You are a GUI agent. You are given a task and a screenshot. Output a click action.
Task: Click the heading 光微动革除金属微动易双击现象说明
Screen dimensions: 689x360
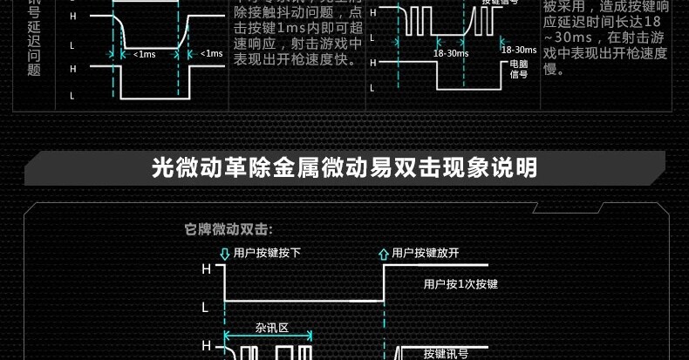[344, 167]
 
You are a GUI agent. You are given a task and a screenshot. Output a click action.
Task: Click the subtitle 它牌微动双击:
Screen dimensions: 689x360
[229, 230]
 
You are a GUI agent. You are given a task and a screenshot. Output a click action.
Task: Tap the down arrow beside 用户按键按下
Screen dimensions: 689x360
[224, 254]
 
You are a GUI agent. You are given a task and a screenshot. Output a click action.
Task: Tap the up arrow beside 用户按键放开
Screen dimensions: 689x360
[383, 254]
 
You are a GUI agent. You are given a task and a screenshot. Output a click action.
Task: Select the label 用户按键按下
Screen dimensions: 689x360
[267, 253]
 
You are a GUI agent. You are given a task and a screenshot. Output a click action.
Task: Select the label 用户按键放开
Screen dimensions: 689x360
[426, 253]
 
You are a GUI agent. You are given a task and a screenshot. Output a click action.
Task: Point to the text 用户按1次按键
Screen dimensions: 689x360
[460, 284]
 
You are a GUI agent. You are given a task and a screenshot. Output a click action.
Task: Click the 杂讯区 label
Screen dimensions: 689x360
[271, 329]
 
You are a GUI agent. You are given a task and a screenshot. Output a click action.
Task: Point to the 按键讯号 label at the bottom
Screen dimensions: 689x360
[446, 353]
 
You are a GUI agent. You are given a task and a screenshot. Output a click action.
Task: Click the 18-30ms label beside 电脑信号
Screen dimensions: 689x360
[520, 50]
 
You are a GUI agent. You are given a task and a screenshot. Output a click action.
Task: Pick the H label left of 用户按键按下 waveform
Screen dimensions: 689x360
[207, 269]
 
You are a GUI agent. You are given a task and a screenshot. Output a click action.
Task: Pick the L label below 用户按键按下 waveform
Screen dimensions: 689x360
[206, 308]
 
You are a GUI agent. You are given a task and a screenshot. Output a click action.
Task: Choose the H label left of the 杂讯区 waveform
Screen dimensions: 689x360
[207, 346]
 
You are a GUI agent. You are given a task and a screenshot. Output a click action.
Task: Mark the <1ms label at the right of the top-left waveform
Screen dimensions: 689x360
[212, 54]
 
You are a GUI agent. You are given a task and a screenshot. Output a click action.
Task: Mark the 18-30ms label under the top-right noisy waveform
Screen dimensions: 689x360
[451, 53]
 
